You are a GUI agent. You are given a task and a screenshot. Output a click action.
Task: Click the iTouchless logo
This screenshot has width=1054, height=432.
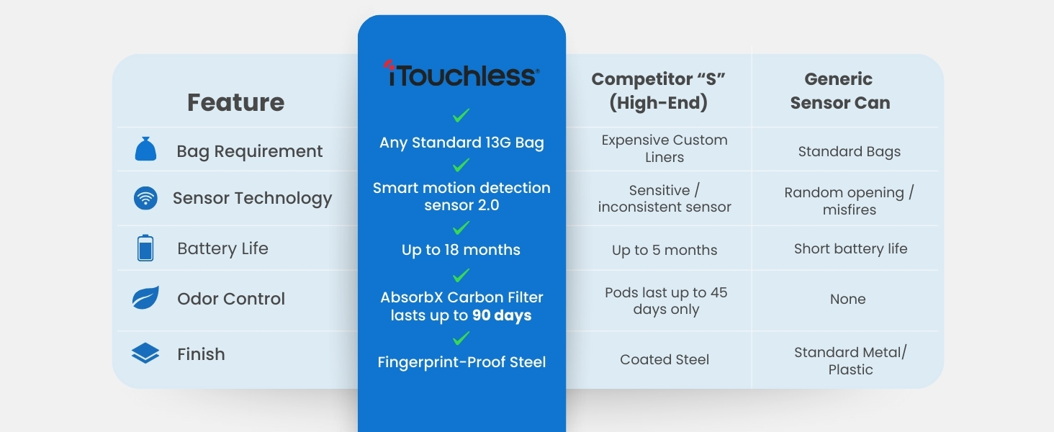[461, 75]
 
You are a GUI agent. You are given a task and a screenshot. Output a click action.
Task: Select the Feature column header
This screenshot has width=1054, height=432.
[235, 102]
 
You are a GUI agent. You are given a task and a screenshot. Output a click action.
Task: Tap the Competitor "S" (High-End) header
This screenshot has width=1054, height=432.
[658, 91]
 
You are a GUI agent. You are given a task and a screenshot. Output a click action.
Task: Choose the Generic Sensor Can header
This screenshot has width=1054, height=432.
[839, 91]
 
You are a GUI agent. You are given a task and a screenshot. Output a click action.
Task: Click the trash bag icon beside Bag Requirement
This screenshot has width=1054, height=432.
[145, 150]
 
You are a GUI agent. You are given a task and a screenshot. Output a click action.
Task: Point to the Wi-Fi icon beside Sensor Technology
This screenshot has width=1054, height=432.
[145, 198]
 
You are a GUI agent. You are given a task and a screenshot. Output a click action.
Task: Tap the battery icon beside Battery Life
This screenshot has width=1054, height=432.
[145, 248]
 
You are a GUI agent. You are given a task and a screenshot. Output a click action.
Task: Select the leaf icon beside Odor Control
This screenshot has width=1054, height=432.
[145, 298]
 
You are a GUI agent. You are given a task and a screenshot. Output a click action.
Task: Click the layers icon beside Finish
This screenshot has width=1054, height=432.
[145, 354]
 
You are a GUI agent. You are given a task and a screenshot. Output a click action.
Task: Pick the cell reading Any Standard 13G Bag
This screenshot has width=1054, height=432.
[461, 143]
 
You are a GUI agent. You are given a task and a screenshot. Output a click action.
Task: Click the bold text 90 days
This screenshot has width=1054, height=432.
[502, 315]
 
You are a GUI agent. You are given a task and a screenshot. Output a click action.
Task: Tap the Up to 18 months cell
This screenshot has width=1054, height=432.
[461, 250]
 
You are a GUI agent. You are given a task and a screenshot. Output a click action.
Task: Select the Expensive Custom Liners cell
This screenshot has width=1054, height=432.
[665, 148]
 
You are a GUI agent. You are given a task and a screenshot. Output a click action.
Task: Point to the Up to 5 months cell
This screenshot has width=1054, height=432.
[665, 250]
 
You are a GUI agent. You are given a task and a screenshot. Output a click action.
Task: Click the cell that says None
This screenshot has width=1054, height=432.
[847, 299]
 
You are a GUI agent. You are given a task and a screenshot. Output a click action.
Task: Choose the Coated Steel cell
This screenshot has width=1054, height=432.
[665, 359]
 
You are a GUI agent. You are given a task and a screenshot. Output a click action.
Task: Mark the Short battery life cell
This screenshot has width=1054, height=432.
[850, 248]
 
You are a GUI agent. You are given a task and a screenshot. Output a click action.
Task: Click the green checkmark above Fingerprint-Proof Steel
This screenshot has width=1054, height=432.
[461, 338]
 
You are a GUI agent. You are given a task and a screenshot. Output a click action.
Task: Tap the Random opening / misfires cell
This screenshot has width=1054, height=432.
[849, 201]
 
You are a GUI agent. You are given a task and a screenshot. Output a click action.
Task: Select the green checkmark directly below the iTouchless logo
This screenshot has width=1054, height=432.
[461, 115]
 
